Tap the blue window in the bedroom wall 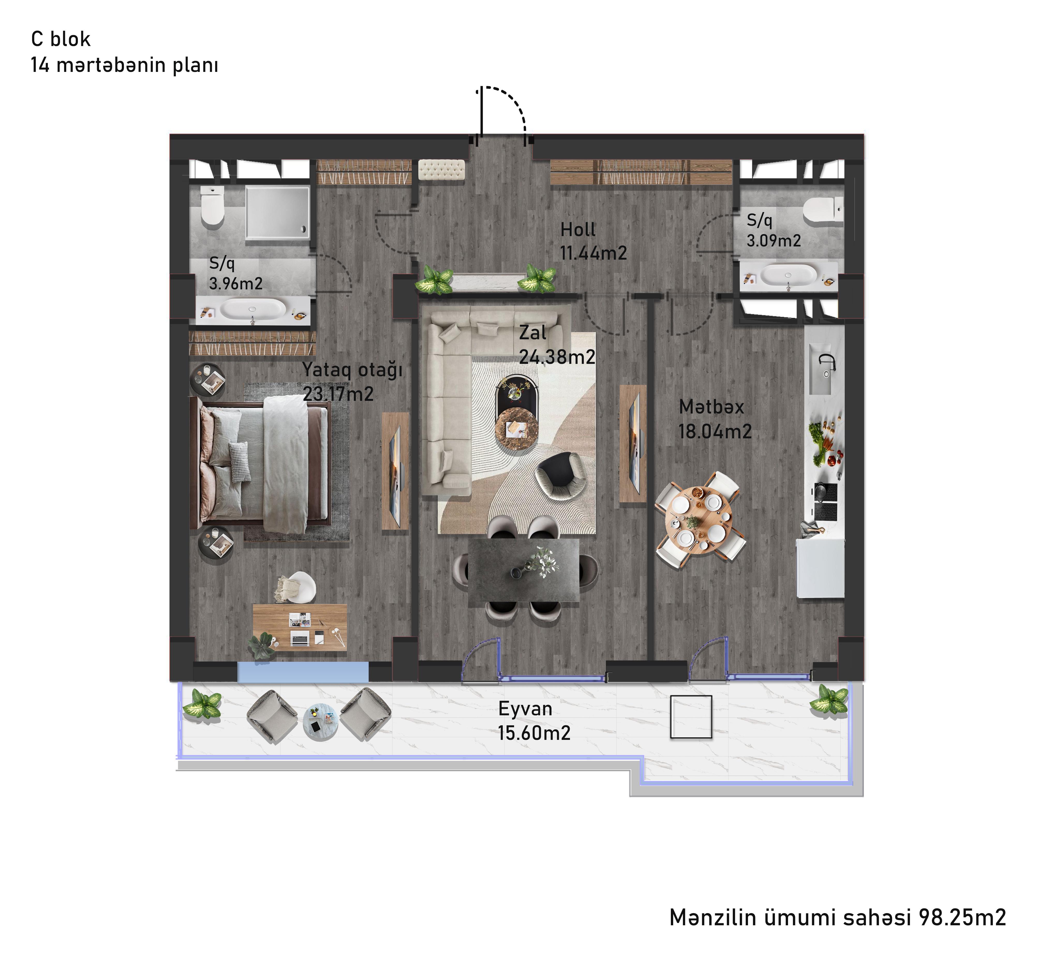point(303,672)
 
